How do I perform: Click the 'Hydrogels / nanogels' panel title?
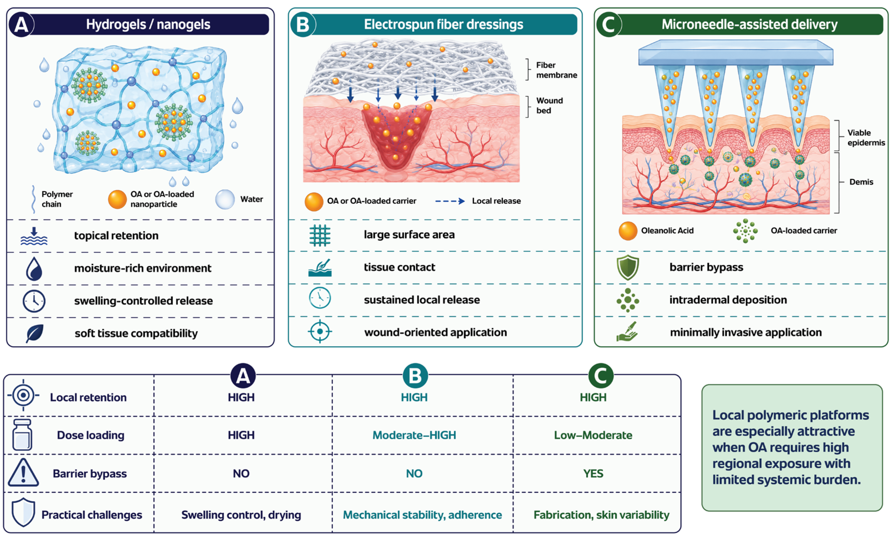148,24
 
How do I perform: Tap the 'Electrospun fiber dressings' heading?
443,24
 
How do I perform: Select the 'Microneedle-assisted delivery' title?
750,24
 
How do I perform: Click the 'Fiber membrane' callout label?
556,70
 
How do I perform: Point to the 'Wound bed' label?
549,106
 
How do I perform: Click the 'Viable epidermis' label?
866,137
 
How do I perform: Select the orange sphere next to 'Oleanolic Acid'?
628,231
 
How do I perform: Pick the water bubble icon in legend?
225,199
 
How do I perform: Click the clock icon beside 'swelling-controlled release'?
34,301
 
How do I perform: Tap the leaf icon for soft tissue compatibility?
35,333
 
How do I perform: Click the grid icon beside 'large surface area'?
320,235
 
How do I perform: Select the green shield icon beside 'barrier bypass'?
628,267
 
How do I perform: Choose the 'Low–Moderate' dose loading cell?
593,435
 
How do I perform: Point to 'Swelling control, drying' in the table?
241,515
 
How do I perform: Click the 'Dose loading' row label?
91,435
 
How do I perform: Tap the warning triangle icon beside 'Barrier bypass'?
23,472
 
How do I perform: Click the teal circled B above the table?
415,376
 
